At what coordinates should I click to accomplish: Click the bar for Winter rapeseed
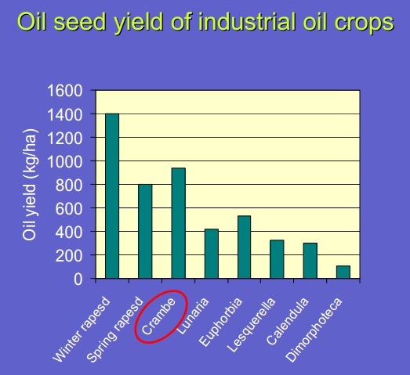click(x=112, y=196)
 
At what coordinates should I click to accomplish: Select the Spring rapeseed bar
click(x=145, y=232)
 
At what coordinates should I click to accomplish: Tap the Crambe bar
click(x=179, y=223)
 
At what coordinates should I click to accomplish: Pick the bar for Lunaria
click(x=212, y=254)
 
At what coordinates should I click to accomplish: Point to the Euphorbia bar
click(x=245, y=247)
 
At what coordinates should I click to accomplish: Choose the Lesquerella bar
click(x=277, y=259)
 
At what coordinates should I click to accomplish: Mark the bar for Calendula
click(x=310, y=261)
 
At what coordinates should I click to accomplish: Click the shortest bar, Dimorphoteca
click(x=343, y=272)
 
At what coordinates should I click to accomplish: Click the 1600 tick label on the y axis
click(x=65, y=91)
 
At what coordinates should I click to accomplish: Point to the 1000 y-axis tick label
click(x=65, y=161)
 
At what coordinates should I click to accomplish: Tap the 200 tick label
click(x=69, y=256)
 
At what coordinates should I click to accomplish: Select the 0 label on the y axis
click(x=78, y=279)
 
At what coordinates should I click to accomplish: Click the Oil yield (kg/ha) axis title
click(x=29, y=184)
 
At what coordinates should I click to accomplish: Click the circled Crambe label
click(x=158, y=316)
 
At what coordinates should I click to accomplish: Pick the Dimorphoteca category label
click(x=314, y=330)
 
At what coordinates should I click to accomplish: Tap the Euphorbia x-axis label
click(x=220, y=322)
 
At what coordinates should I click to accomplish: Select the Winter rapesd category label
click(x=82, y=330)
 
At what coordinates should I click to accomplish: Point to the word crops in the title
click(x=365, y=23)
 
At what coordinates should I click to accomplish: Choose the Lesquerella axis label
click(x=252, y=325)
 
